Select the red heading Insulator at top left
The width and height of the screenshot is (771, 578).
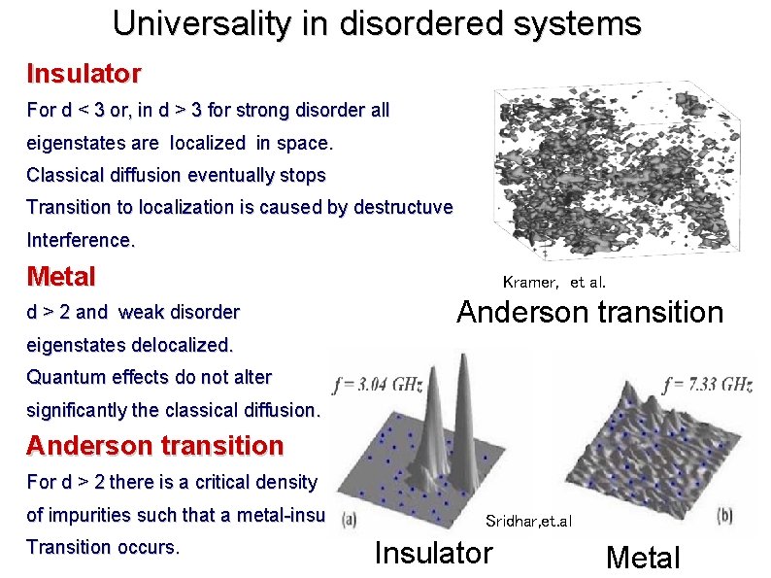[84, 73]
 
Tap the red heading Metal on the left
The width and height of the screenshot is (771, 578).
[61, 277]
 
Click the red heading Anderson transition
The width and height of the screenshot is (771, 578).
[155, 446]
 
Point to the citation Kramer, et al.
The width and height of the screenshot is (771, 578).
[553, 283]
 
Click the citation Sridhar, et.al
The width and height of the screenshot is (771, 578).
[529, 522]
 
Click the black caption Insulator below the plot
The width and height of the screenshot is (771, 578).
[433, 553]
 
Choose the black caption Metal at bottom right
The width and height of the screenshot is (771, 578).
[643, 558]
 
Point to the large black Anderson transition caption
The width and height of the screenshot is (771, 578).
[589, 312]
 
